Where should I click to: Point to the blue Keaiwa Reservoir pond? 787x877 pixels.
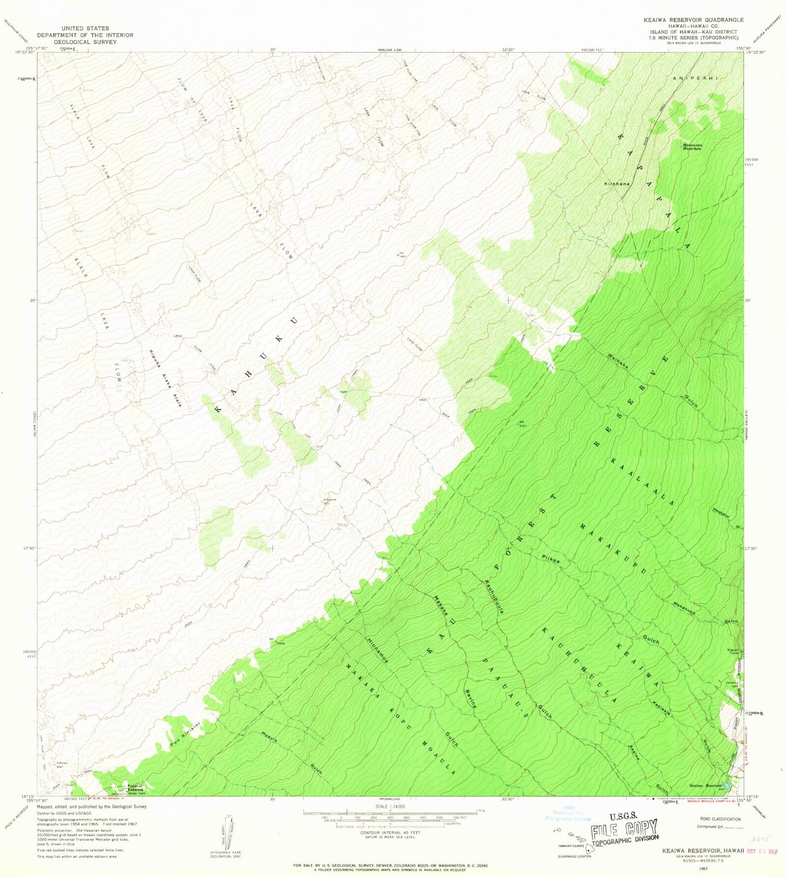[727, 787]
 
